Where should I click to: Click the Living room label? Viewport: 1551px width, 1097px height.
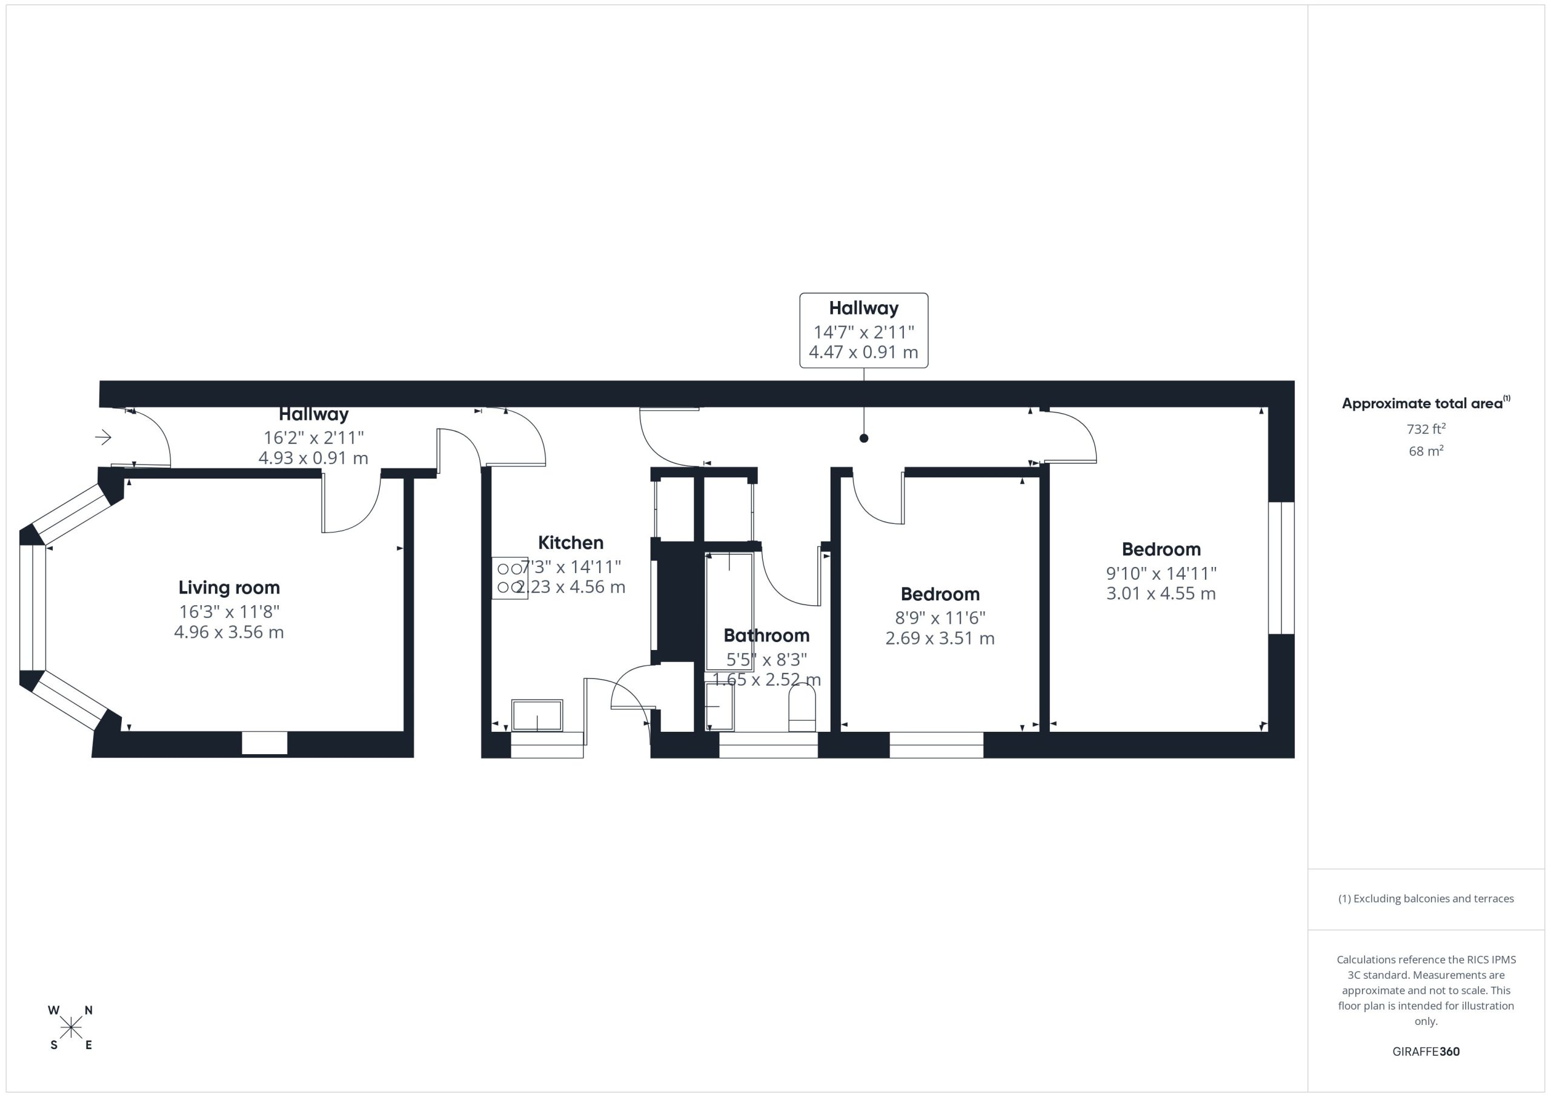click(x=229, y=588)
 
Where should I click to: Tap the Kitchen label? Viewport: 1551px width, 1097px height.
click(x=571, y=542)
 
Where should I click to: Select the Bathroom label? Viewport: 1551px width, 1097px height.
click(x=767, y=635)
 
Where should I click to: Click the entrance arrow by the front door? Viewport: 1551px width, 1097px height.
click(x=104, y=438)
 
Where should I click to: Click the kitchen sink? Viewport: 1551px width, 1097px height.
click(x=537, y=715)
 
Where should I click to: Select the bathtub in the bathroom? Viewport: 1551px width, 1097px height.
click(x=729, y=611)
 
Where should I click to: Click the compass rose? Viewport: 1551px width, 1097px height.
click(x=71, y=1028)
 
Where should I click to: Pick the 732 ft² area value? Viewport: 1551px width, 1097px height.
click(x=1426, y=429)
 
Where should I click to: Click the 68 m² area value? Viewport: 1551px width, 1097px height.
click(x=1426, y=451)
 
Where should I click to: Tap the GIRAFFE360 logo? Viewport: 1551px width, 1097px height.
click(x=1426, y=1052)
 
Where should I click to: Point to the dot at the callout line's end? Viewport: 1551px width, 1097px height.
click(x=864, y=439)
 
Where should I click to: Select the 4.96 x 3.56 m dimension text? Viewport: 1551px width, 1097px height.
click(x=229, y=632)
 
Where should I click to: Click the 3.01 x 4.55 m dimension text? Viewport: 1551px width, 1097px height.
click(x=1161, y=594)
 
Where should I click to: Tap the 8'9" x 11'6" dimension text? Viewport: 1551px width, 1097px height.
click(x=940, y=618)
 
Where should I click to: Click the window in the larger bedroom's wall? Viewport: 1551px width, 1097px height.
click(x=1281, y=568)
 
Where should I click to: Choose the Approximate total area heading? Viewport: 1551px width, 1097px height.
click(x=1426, y=403)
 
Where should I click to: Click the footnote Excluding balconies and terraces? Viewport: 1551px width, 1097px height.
click(x=1426, y=898)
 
